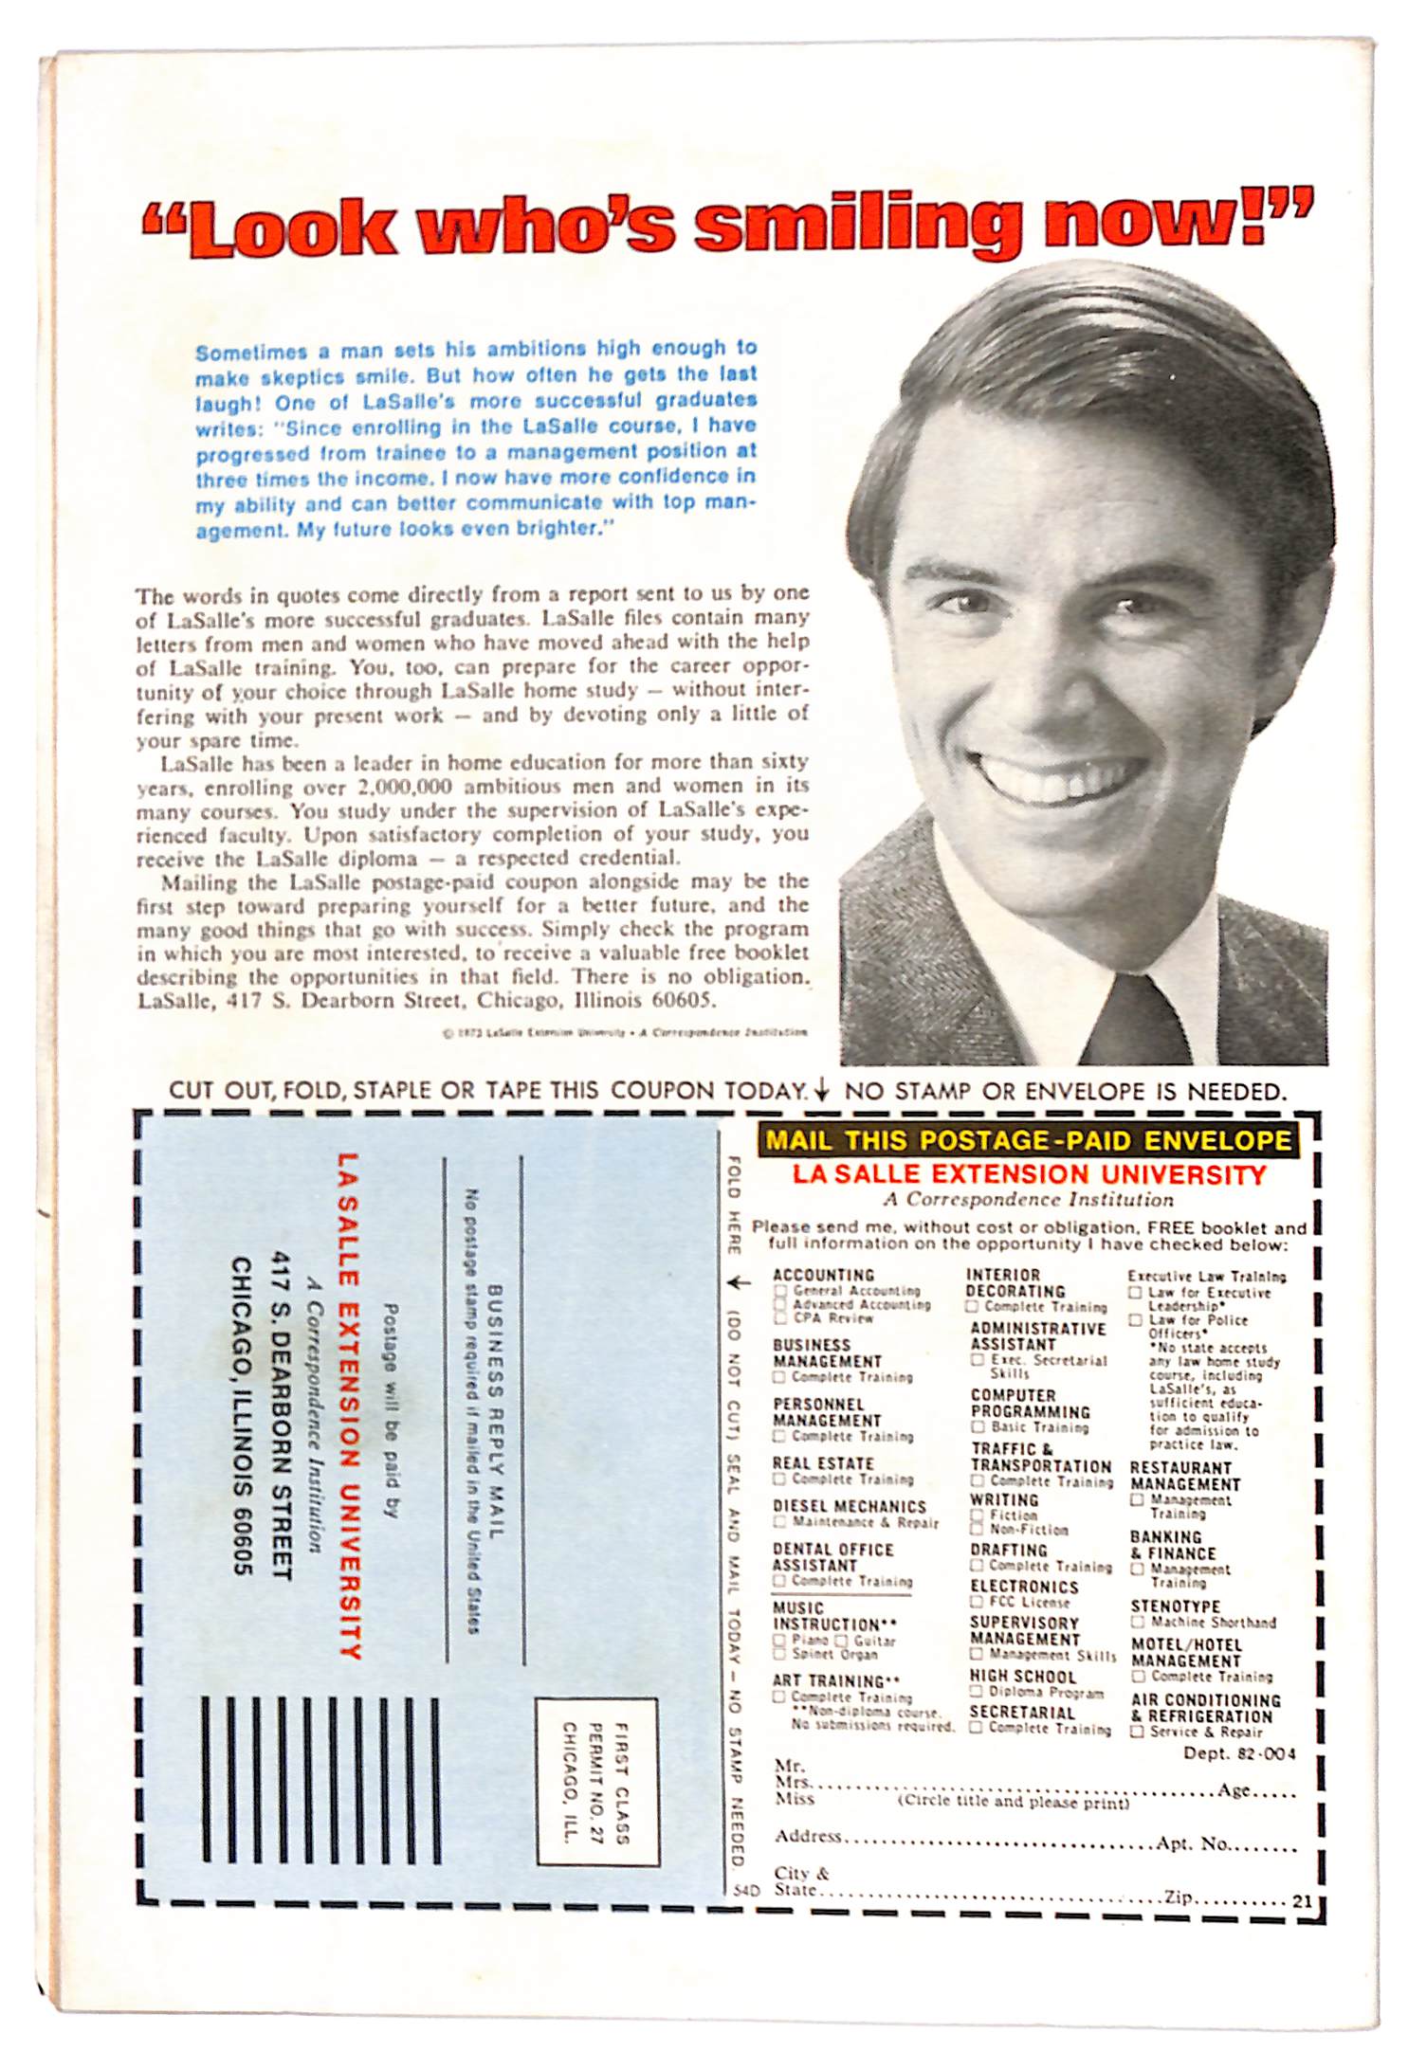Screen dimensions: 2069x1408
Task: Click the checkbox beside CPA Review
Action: click(x=780, y=1317)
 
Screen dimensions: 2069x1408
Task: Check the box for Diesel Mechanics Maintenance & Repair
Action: click(x=780, y=1522)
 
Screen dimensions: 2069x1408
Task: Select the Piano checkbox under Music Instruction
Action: click(x=779, y=1640)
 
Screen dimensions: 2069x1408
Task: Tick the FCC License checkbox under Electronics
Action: click(x=976, y=1602)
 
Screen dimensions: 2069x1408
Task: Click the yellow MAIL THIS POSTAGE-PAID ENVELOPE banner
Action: click(x=1028, y=1140)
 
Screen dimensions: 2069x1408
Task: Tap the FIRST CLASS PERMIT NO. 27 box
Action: click(x=596, y=1782)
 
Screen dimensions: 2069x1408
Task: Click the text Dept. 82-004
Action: click(x=1238, y=1752)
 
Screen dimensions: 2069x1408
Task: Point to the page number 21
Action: click(x=1301, y=1900)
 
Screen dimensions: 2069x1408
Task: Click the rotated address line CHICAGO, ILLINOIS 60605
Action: click(x=243, y=1416)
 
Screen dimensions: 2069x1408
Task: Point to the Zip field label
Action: click(x=1178, y=1897)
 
